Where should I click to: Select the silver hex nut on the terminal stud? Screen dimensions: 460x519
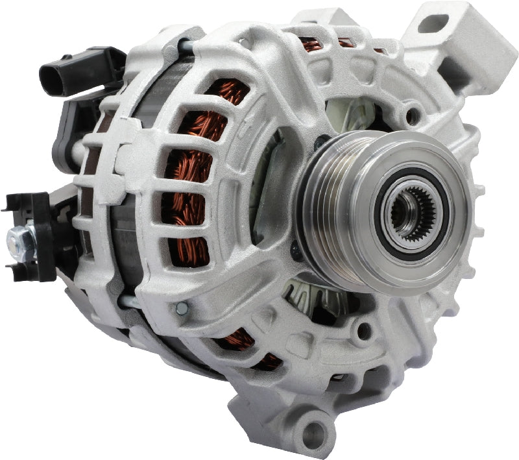coord(18,241)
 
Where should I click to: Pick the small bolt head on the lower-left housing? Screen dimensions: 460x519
coord(181,308)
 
